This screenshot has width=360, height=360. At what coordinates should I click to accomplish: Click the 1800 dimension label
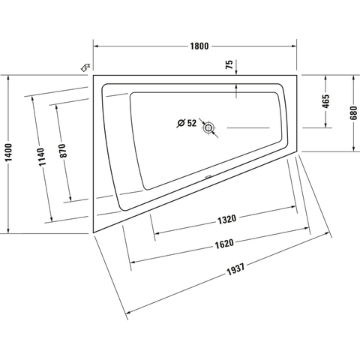click(x=199, y=46)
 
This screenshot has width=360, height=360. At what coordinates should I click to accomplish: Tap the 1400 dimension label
click(x=9, y=152)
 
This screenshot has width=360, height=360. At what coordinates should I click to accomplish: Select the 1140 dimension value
click(x=40, y=157)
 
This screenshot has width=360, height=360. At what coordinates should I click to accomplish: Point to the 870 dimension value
click(x=63, y=151)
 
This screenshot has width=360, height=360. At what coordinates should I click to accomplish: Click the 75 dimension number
click(x=229, y=64)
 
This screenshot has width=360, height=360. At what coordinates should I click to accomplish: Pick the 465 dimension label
click(x=325, y=101)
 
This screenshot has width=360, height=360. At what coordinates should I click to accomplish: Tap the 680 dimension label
click(x=354, y=113)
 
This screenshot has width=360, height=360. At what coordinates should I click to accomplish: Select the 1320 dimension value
click(x=226, y=219)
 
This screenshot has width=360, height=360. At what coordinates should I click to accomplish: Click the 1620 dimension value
click(x=224, y=244)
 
